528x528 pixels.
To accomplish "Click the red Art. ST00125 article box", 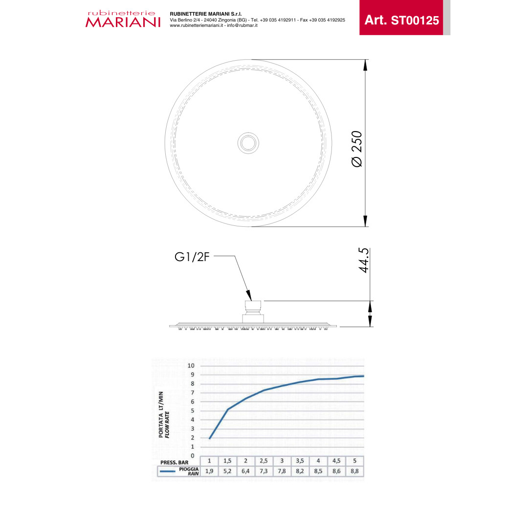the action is point(401,18).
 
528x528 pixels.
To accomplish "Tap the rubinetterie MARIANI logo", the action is point(123,19).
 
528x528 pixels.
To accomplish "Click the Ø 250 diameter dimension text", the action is point(356,149).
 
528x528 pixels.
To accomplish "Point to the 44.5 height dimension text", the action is point(364,260).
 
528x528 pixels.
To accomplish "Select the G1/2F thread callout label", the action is point(192,257).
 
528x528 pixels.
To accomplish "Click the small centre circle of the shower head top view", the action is point(248,143).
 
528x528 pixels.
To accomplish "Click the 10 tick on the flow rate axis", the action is point(191,366).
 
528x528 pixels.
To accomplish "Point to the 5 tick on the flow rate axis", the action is point(193,411).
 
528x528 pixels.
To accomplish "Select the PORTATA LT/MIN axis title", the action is point(161,415).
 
